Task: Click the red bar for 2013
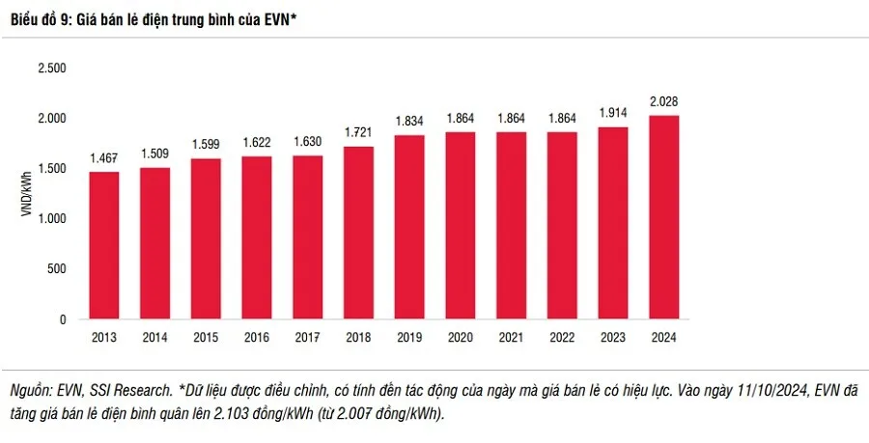click(104, 245)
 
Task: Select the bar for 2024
click(663, 217)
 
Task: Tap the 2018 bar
click(358, 233)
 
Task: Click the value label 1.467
click(104, 157)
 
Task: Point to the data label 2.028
click(663, 101)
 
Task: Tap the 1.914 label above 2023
click(612, 113)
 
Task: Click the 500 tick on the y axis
click(57, 269)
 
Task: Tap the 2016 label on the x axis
click(257, 338)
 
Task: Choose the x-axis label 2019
click(409, 338)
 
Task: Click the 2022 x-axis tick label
click(562, 338)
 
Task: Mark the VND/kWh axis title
click(28, 193)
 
